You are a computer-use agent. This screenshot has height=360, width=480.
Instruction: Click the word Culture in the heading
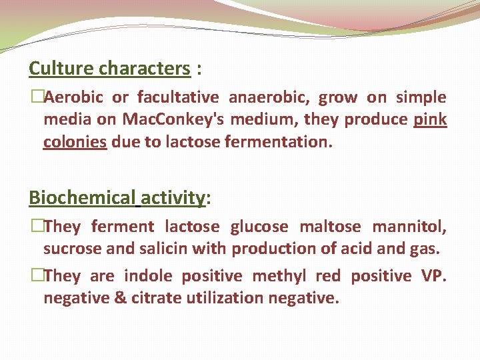(62, 69)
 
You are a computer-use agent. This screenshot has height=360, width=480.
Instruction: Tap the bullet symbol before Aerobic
(36, 98)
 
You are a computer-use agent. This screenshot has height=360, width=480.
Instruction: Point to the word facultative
(177, 98)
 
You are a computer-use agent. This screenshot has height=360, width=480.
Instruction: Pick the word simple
(421, 98)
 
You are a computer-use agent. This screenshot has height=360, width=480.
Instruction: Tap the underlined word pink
(430, 120)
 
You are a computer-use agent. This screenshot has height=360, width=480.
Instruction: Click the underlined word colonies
(75, 142)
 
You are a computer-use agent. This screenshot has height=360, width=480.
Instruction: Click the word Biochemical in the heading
(81, 198)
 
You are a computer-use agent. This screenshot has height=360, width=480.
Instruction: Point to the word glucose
(259, 227)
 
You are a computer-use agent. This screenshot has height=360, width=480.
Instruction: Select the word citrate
(147, 298)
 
